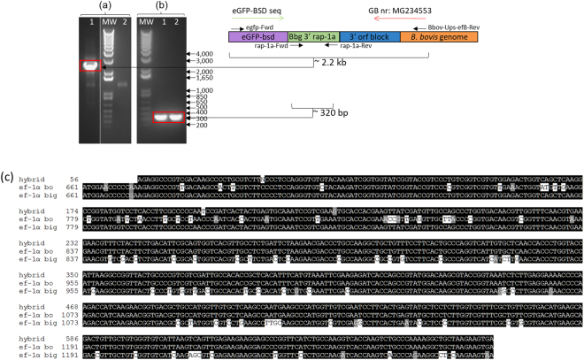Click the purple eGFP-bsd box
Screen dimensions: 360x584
pos(257,38)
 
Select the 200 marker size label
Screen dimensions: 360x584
pos(201,126)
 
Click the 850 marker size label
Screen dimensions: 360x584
pos(201,97)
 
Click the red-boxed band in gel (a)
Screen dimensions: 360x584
pos(92,67)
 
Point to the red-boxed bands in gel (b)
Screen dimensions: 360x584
pos(162,117)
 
